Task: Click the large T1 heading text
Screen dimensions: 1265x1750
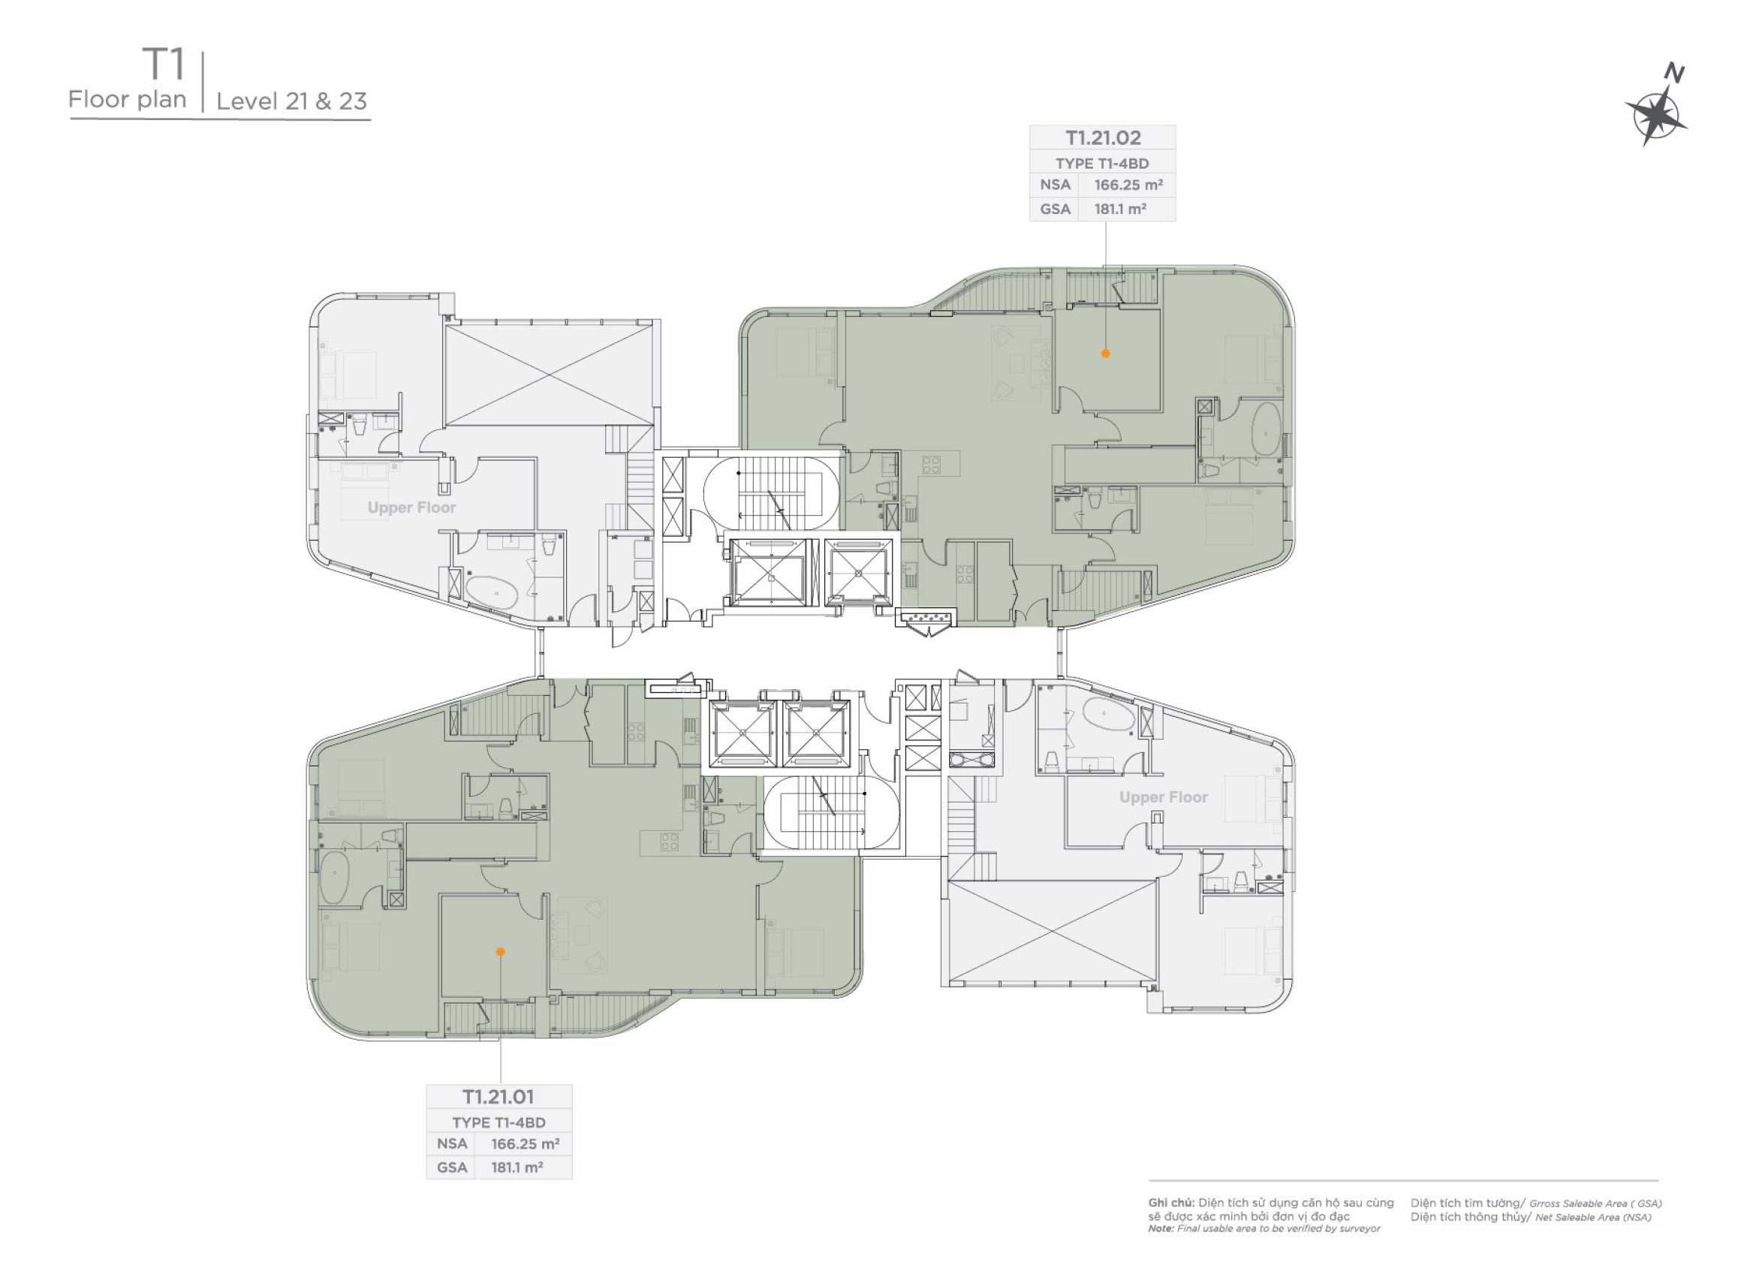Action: tap(164, 65)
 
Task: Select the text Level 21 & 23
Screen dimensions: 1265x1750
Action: tap(291, 102)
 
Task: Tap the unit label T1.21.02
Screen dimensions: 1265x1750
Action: tap(1103, 138)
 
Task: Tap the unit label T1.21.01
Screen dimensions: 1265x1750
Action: tap(498, 1098)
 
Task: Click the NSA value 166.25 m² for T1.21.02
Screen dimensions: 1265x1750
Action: tap(1128, 185)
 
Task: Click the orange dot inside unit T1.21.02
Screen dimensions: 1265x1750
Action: tap(1106, 354)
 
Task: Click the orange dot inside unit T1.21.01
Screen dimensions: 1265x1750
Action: tap(500, 953)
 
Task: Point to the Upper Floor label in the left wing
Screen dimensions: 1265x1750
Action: tap(411, 508)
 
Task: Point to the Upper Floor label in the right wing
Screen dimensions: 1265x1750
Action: tap(1164, 797)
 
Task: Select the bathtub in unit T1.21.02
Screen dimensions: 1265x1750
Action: tap(1266, 429)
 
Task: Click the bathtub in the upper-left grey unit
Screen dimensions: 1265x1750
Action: tap(492, 594)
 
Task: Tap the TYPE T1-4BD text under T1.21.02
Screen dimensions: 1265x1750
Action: tap(1103, 164)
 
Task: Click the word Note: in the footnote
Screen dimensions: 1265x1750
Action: tap(1161, 1229)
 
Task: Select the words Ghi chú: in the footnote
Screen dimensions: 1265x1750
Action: tap(1170, 1203)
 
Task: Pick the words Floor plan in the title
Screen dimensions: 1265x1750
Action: tap(128, 100)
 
